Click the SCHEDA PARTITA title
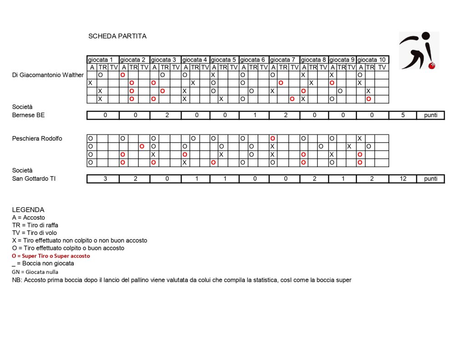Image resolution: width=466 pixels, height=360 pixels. pyautogui.click(x=117, y=36)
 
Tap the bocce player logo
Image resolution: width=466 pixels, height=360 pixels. pyautogui.click(x=418, y=51)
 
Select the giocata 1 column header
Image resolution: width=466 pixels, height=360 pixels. pyautogui.click(x=103, y=60)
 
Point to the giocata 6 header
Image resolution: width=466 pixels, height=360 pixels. pyautogui.click(x=253, y=60)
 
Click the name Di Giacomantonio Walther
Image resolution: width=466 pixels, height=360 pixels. pyautogui.click(x=48, y=75)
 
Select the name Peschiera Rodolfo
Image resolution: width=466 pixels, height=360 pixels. pyautogui.click(x=37, y=138)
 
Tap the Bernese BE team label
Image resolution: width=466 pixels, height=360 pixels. pyautogui.click(x=28, y=115)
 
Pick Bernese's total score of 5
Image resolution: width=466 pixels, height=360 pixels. pyautogui.click(x=403, y=115)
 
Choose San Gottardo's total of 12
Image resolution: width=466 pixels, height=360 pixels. pyautogui.click(x=403, y=179)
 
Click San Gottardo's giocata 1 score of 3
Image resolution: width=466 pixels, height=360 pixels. pyautogui.click(x=105, y=179)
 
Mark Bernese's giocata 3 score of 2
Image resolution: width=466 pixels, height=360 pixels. pyautogui.click(x=167, y=115)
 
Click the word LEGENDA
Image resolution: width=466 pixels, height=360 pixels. pyautogui.click(x=28, y=210)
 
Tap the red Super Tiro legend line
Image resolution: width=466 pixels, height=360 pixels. pyautogui.click(x=51, y=256)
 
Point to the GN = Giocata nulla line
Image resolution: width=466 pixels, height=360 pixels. pyautogui.click(x=35, y=272)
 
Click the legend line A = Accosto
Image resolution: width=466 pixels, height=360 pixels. pyautogui.click(x=29, y=218)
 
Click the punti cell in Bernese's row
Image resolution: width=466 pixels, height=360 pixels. pyautogui.click(x=431, y=115)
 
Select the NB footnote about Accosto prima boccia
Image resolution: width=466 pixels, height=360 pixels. pyautogui.click(x=182, y=280)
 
